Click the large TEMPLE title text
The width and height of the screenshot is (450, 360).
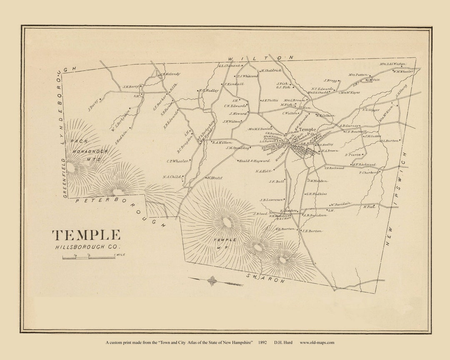click(x=86, y=235)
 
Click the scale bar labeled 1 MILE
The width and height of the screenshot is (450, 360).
click(x=88, y=257)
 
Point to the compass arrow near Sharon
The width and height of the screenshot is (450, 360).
click(x=215, y=281)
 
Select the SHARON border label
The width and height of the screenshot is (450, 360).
click(x=265, y=278)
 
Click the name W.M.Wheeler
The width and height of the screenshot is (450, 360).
click(x=403, y=71)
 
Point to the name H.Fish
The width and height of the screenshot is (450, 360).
click(x=369, y=207)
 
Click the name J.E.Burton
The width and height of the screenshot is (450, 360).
click(x=312, y=231)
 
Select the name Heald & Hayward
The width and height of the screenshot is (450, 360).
click(x=253, y=160)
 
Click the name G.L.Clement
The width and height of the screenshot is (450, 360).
click(x=229, y=65)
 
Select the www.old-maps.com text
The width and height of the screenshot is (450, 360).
click(x=317, y=342)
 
